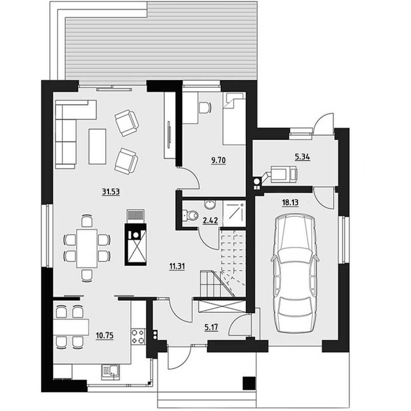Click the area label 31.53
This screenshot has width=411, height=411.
[110, 192]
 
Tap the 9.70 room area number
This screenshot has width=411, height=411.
[218, 160]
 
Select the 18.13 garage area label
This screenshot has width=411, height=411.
[290, 202]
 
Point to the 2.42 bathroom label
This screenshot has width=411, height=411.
[210, 220]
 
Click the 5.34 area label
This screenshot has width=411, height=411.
[303, 157]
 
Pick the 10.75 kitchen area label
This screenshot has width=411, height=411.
[105, 335]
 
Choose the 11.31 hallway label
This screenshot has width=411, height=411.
[177, 266]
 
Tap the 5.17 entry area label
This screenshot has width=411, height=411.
[211, 327]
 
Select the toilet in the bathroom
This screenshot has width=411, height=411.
[190, 215]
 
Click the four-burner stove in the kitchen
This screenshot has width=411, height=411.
[138, 337]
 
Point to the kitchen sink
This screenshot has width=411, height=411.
[110, 371]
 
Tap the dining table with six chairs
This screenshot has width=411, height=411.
[87, 248]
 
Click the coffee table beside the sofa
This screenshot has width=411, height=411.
[97, 146]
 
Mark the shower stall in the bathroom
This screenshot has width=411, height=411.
[234, 213]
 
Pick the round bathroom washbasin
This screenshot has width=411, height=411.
[210, 204]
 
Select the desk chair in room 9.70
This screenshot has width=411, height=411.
[205, 107]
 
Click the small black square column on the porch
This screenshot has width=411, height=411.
[249, 383]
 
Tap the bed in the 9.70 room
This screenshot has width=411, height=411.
[234, 118]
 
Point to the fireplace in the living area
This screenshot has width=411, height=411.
[136, 244]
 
